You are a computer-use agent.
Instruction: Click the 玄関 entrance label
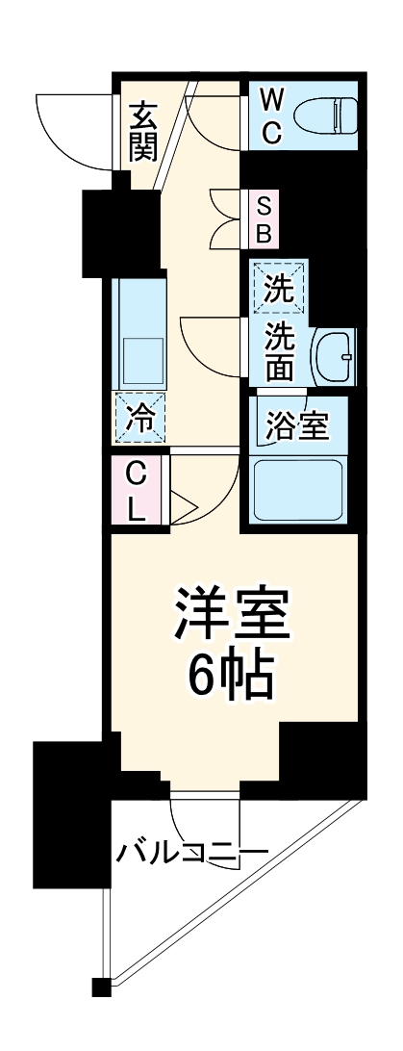point(142,132)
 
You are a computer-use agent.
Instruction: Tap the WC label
point(271,115)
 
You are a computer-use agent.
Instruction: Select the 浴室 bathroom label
point(298,424)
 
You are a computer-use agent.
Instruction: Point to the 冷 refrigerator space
point(139,419)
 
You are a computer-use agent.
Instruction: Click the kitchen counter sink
point(140,358)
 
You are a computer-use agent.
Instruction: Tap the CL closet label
point(137,491)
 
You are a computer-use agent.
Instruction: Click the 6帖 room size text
point(232,679)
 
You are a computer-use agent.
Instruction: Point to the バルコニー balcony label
point(192,852)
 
